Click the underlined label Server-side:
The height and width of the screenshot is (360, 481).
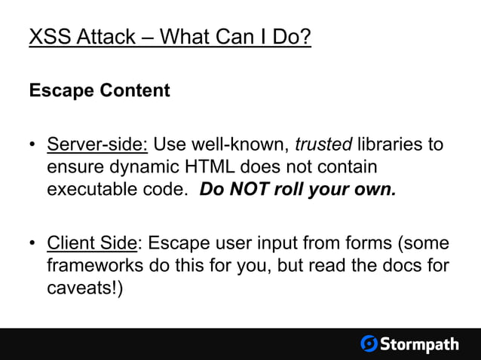click(97, 145)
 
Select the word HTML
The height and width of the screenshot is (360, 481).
click(176, 166)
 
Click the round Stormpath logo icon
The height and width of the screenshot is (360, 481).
click(369, 344)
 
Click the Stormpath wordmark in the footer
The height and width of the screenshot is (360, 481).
click(419, 344)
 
